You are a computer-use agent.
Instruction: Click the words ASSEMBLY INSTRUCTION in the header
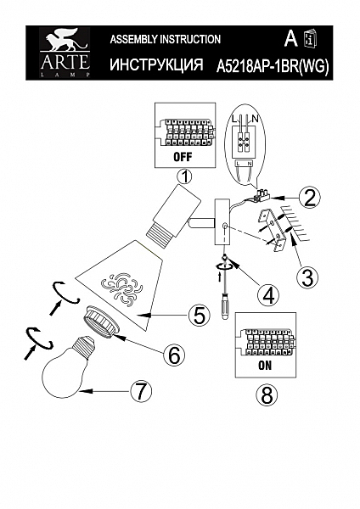pyautogui.click(x=166, y=39)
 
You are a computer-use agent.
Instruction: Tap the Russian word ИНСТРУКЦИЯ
pyautogui.click(x=156, y=64)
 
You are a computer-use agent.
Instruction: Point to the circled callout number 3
pyautogui.click(x=309, y=275)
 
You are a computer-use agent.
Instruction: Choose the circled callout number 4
pyautogui.click(x=268, y=295)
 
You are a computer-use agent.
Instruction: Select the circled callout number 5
pyautogui.click(x=199, y=315)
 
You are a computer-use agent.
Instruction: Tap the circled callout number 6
pyautogui.click(x=173, y=355)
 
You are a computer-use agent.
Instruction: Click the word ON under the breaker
pyautogui.click(x=264, y=367)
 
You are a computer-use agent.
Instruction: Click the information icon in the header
pyautogui.click(x=310, y=39)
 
